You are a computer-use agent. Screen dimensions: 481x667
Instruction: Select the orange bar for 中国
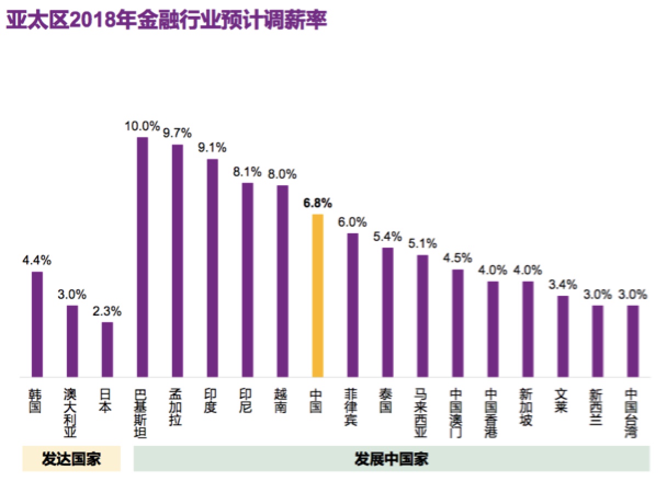click(318, 295)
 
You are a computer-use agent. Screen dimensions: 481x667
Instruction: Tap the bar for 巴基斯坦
click(142, 257)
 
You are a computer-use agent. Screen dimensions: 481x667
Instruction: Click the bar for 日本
click(108, 349)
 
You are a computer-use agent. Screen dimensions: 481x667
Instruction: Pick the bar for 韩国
click(37, 324)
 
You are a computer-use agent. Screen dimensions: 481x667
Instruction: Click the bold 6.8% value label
click(318, 204)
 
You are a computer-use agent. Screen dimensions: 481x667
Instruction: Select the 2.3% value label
click(108, 312)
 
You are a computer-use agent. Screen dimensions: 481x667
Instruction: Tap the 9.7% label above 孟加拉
click(177, 133)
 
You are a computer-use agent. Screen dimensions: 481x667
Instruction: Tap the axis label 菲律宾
click(353, 408)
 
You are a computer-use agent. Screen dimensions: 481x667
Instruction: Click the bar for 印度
click(212, 268)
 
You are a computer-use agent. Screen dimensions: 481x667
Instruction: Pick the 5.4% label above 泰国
click(388, 237)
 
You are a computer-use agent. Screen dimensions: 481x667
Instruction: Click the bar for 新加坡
click(528, 329)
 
